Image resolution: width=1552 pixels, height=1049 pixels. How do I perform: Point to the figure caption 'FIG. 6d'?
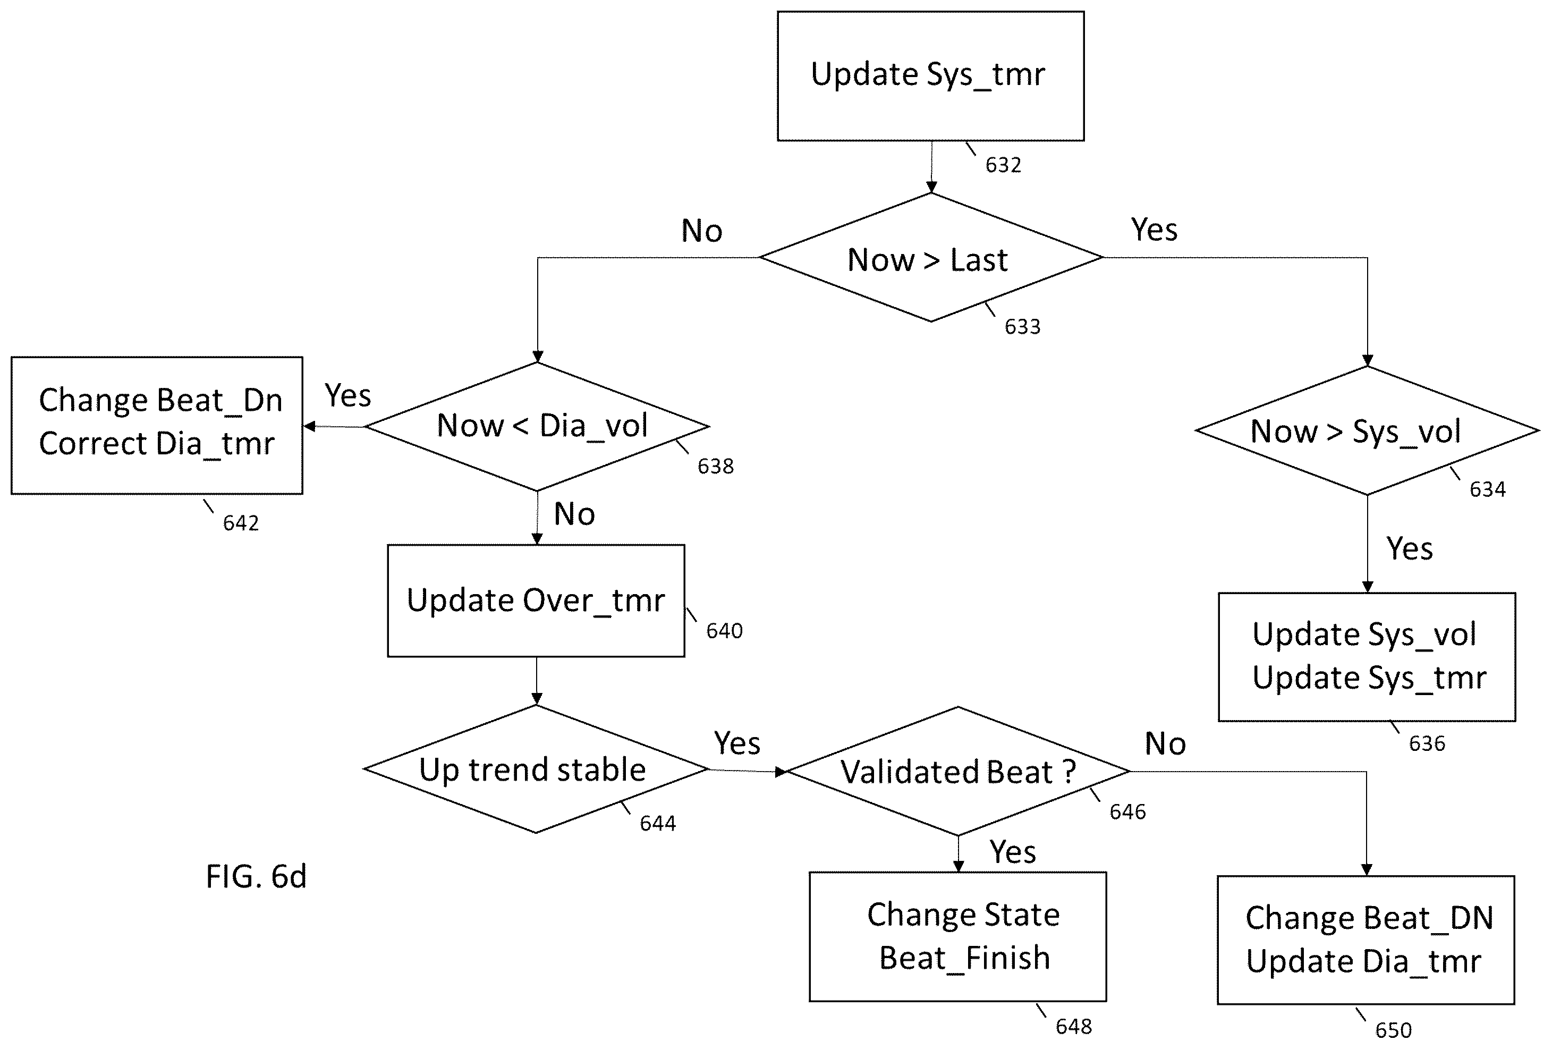[257, 876]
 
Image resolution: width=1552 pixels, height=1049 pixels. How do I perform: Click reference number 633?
[1022, 326]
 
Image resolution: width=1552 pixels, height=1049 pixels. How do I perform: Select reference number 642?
[240, 523]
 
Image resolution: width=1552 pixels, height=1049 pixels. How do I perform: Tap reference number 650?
[1394, 1030]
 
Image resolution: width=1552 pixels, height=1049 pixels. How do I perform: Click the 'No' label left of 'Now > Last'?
[702, 231]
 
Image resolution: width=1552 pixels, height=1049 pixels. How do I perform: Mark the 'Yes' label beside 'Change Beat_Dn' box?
[348, 395]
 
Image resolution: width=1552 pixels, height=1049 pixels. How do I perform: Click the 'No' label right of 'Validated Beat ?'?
[1165, 744]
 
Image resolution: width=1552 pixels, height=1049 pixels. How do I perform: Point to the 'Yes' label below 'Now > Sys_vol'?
[1410, 549]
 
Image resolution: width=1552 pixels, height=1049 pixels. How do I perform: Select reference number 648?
[1074, 1026]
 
